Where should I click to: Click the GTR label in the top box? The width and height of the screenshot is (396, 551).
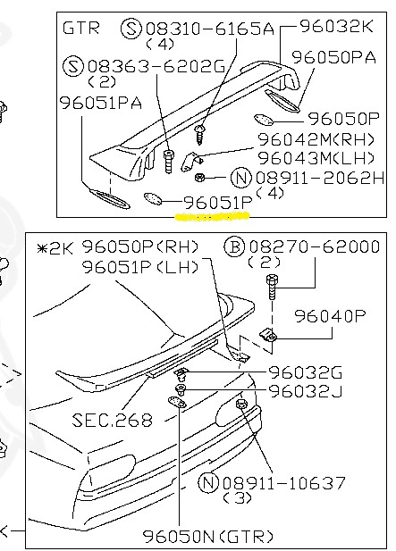tap(80, 28)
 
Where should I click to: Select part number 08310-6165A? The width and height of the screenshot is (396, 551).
tap(209, 29)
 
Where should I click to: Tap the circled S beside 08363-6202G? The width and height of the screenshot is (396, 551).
tap(72, 66)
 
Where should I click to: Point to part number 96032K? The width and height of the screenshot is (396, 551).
tap(337, 26)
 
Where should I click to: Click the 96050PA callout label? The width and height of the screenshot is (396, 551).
tap(333, 57)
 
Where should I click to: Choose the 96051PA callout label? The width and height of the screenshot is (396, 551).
tap(101, 103)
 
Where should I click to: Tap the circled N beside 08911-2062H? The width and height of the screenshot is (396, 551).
tap(241, 178)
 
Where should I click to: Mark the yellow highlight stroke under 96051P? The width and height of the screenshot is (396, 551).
tap(212, 216)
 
